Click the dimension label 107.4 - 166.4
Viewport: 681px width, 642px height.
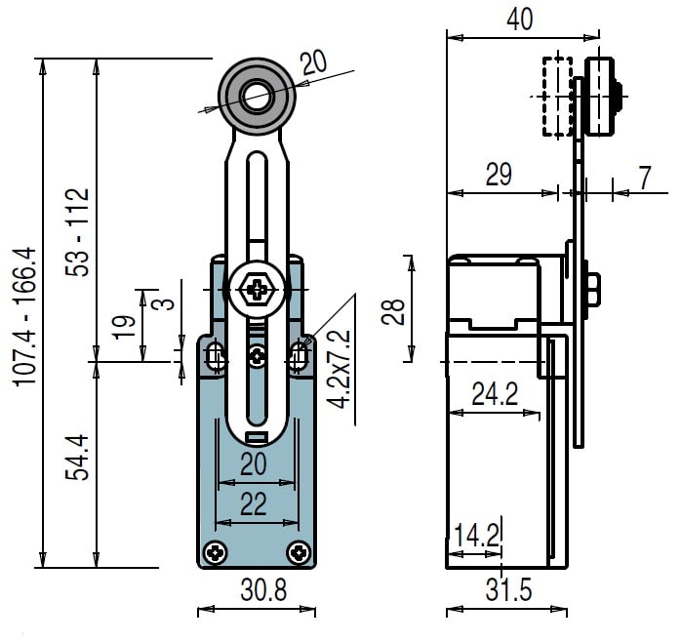coord(24,316)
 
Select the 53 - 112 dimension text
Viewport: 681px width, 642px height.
coord(77,232)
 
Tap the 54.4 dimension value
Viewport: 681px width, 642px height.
coord(77,458)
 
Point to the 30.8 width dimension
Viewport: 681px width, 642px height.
coord(263,590)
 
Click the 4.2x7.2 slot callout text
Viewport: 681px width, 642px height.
coord(339,369)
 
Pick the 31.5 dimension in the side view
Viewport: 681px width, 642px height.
coord(508,590)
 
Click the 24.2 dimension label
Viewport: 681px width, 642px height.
coord(495,394)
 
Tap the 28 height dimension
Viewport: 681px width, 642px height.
coord(393,311)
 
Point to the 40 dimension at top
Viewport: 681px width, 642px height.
coord(520,20)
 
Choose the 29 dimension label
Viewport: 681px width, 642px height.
coord(499,175)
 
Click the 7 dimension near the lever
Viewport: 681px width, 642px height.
coord(645,178)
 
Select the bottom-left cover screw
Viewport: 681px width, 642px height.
coord(216,553)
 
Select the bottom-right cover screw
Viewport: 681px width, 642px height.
coord(299,553)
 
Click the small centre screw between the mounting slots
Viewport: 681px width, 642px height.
coord(258,357)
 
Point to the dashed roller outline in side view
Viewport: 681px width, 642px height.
coord(557,97)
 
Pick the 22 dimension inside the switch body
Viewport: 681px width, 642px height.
coord(254,503)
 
